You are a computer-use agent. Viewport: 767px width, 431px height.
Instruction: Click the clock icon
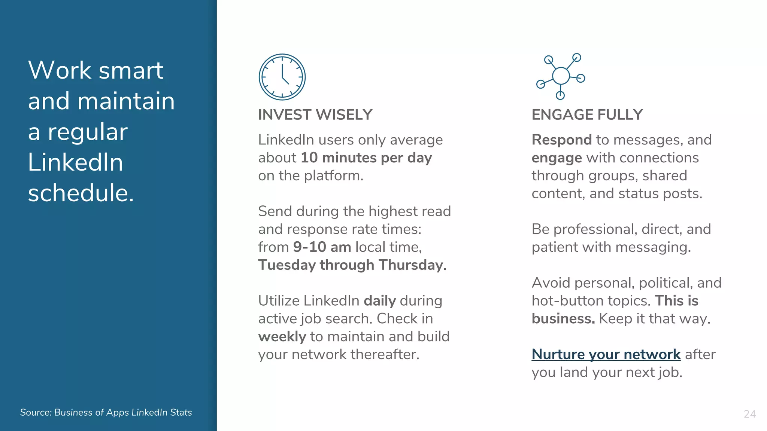tap(282, 77)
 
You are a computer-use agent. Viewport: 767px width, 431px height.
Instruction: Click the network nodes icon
tap(561, 76)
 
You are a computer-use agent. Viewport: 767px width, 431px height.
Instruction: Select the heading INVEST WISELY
tap(315, 114)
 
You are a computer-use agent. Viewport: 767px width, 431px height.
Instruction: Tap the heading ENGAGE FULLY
tap(587, 114)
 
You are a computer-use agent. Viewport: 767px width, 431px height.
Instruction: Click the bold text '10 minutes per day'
tap(366, 158)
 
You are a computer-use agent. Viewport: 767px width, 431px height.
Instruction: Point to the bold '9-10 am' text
tap(322, 247)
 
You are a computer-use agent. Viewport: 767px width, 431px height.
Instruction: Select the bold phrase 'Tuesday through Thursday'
tap(351, 265)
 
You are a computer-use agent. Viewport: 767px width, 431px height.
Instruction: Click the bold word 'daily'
tap(380, 301)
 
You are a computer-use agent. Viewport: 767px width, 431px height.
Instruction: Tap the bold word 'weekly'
tap(282, 337)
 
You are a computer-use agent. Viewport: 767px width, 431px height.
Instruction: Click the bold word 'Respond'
tap(561, 140)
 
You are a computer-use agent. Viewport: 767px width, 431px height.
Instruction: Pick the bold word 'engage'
tap(557, 158)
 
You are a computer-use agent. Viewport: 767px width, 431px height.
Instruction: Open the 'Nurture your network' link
tap(606, 354)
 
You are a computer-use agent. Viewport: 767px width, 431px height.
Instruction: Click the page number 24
tap(749, 414)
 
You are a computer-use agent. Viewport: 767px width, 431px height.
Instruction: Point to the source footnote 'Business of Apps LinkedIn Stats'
tap(123, 412)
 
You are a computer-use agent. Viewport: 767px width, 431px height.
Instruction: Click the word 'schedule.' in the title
tap(81, 193)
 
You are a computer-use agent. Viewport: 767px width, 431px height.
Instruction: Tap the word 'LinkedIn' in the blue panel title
tap(75, 162)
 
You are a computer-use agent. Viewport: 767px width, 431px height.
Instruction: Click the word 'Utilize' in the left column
tap(279, 301)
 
